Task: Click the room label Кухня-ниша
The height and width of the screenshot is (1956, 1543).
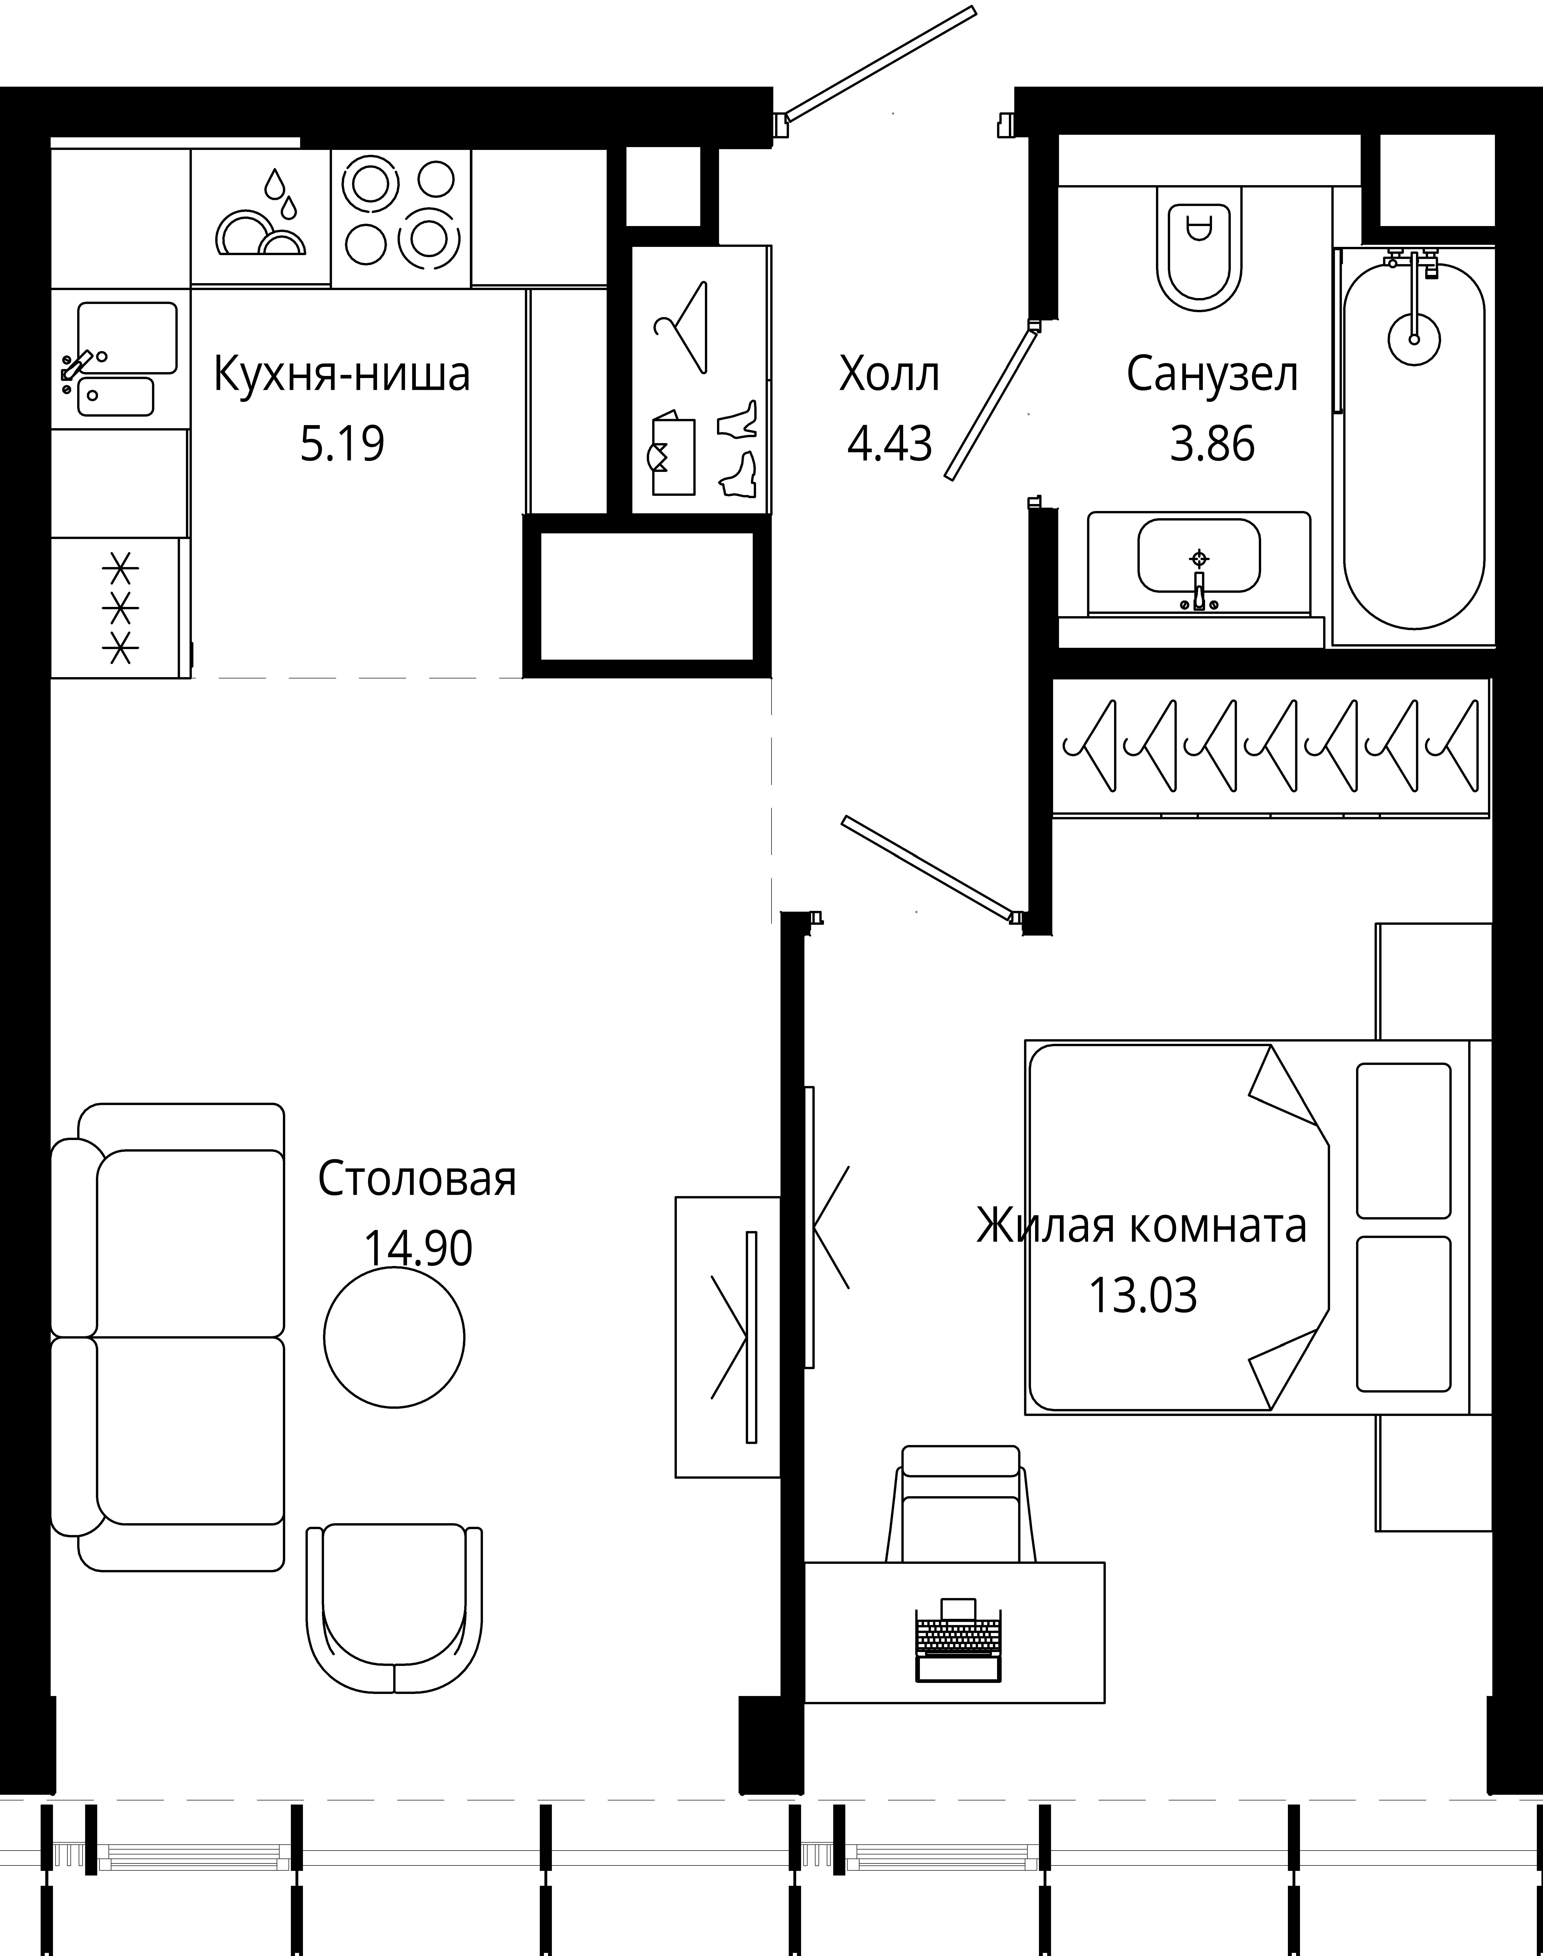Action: point(342,374)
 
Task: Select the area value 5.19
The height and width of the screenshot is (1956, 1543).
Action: point(342,444)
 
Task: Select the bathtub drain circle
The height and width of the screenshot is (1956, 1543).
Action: point(1414,339)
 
